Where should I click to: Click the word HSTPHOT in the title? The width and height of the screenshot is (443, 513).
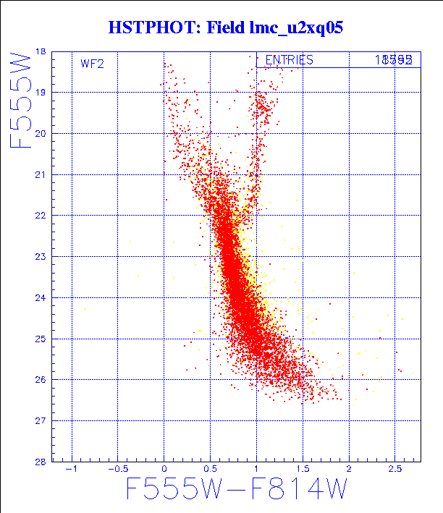point(143,28)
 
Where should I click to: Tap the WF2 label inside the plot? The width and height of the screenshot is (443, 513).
point(92,64)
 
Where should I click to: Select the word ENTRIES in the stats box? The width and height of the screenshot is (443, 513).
point(289,60)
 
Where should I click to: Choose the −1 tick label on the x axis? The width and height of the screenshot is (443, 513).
point(71,470)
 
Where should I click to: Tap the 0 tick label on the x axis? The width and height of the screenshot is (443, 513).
point(164,470)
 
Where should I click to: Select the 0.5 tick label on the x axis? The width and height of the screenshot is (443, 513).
point(210,470)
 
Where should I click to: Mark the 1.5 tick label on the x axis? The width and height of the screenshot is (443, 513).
point(303,470)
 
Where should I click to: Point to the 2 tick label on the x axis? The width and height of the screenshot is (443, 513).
point(350,470)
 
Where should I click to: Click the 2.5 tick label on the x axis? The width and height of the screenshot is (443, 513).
point(395,470)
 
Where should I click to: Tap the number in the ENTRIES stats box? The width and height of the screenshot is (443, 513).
point(394,60)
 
